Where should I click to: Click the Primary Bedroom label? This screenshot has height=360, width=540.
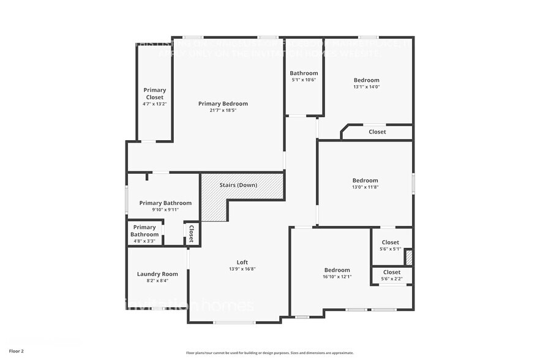pyautogui.click(x=223, y=103)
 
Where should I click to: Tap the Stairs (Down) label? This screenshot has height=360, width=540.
pyautogui.click(x=238, y=185)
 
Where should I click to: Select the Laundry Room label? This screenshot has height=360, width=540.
pyautogui.click(x=157, y=274)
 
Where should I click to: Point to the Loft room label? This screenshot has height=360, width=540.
pyautogui.click(x=242, y=261)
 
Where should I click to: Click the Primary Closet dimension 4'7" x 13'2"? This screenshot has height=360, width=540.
pyautogui.click(x=154, y=104)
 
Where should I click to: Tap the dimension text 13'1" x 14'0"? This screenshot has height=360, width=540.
pyautogui.click(x=366, y=87)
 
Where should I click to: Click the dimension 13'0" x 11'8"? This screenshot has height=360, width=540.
pyautogui.click(x=365, y=187)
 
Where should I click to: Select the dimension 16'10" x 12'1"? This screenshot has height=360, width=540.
pyautogui.click(x=337, y=277)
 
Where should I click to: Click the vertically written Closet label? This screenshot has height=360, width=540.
pyautogui.click(x=191, y=234)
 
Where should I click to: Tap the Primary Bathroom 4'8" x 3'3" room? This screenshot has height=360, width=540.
pyautogui.click(x=144, y=231)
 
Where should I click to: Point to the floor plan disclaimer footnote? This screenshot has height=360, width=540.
pyautogui.click(x=269, y=353)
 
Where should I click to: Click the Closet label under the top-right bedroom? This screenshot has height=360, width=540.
pyautogui.click(x=377, y=132)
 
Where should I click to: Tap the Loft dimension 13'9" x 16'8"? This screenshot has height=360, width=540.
pyautogui.click(x=242, y=269)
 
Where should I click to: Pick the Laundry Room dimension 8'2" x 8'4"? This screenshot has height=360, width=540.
pyautogui.click(x=157, y=280)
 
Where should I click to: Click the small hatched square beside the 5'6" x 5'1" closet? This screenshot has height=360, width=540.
pyautogui.click(x=409, y=257)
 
